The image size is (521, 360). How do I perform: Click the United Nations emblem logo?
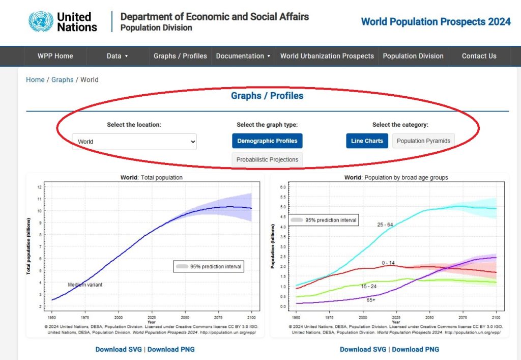41,22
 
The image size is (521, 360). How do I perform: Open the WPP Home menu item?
55,56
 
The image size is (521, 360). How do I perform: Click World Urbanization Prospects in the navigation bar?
327,56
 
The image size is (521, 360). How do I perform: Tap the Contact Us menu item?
479,56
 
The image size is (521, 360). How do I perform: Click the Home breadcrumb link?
35,79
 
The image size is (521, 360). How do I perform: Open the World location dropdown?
134,142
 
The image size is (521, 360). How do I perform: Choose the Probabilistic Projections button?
267,159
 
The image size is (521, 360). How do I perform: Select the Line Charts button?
367,141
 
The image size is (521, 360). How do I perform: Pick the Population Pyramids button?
423,141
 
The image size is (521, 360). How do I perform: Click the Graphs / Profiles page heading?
267,96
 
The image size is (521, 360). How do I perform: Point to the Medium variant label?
85,285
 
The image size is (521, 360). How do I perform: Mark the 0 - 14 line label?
388,263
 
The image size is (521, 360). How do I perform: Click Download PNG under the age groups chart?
415,349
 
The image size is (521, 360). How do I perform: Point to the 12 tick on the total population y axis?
39,187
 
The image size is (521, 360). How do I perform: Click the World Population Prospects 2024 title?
436,21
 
